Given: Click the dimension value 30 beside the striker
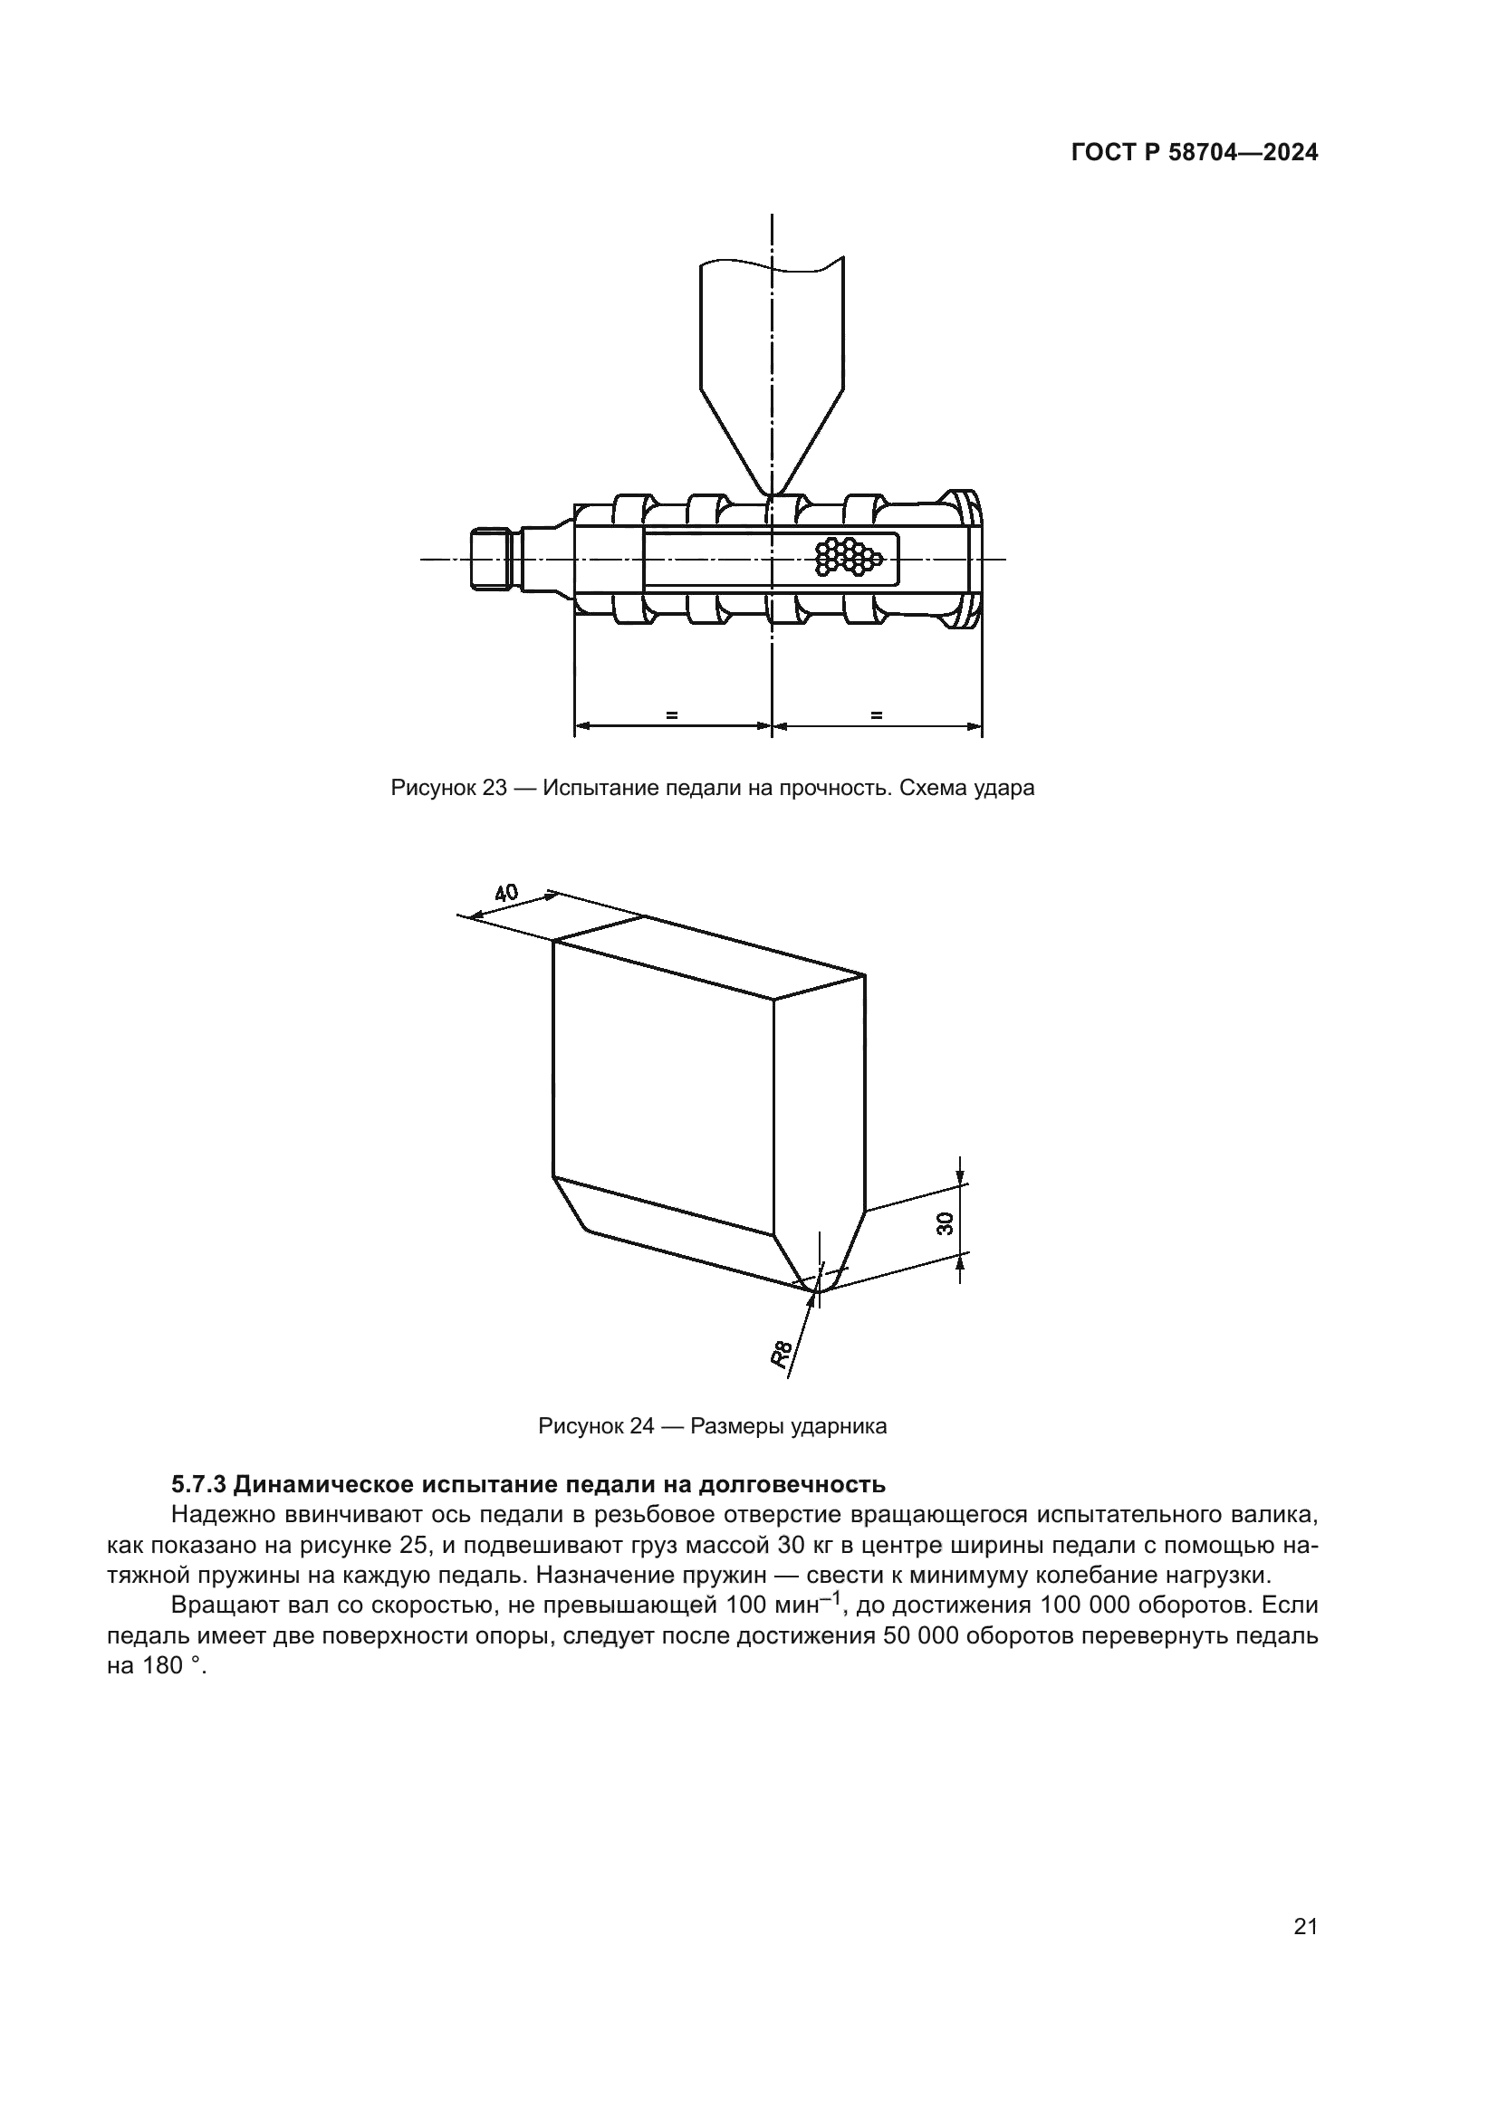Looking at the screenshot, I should [944, 1223].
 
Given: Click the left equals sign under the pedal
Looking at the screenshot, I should [671, 714].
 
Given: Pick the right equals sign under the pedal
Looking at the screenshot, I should [876, 714].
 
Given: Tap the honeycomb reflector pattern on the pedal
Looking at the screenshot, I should [849, 557].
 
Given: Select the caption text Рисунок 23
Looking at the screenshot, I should [448, 788].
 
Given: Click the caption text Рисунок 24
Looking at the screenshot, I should [596, 1426].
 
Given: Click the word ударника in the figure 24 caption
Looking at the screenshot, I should [845, 1426].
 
